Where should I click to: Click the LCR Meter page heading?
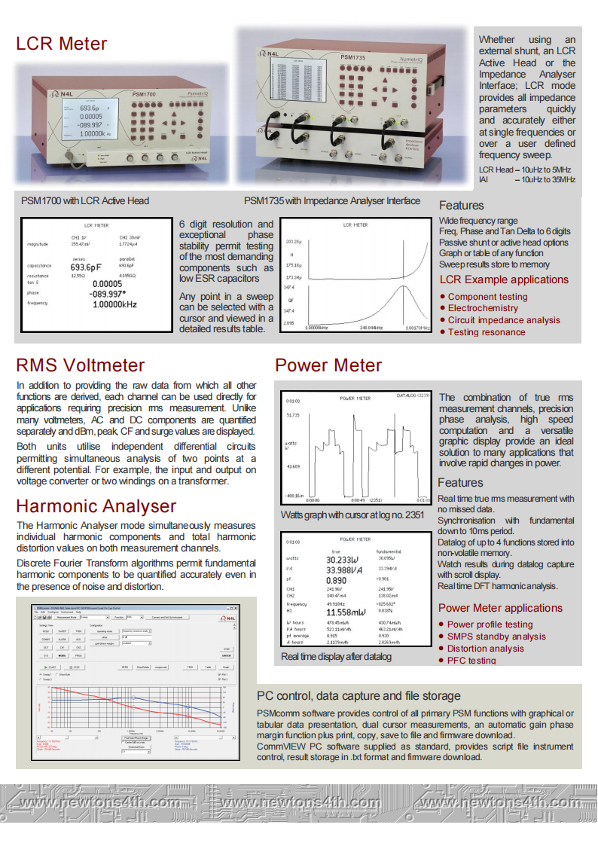click(x=62, y=44)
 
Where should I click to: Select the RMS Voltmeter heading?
click(x=81, y=366)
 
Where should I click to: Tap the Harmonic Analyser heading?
click(x=96, y=505)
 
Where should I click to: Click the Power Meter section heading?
click(x=328, y=366)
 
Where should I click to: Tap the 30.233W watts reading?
click(x=343, y=560)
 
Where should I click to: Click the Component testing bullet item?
click(x=487, y=297)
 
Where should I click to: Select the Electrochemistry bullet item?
click(x=483, y=308)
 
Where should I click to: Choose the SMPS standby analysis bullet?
click(x=496, y=637)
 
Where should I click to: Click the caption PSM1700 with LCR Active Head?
click(x=85, y=201)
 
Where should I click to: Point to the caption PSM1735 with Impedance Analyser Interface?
click(x=332, y=201)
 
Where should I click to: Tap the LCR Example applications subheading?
click(x=504, y=280)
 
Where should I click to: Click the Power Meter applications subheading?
click(x=500, y=608)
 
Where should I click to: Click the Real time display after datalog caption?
click(x=336, y=657)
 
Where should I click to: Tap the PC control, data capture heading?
click(x=358, y=696)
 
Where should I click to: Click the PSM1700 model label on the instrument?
click(x=144, y=94)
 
